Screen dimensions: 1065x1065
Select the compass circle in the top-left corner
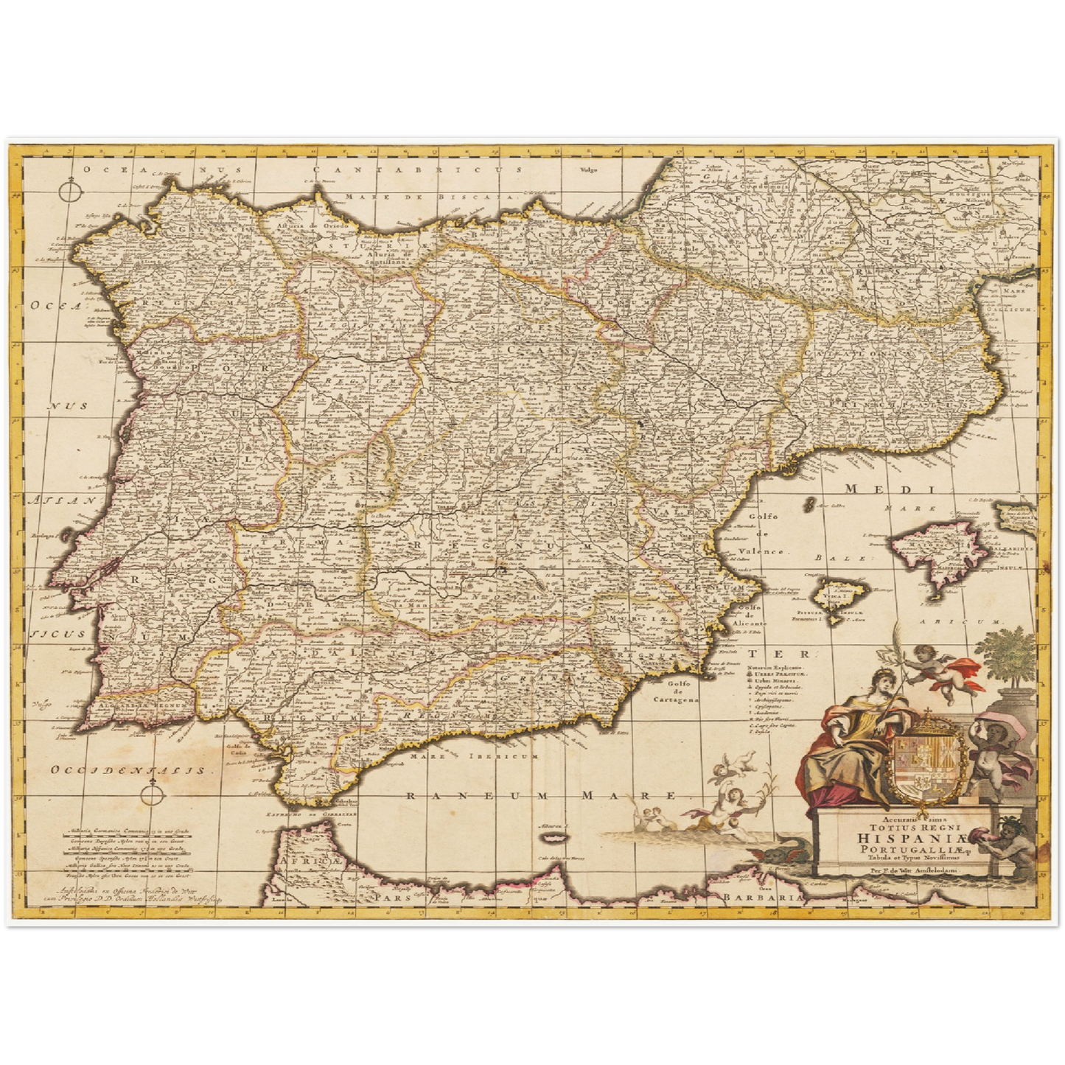[x=67, y=193]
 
